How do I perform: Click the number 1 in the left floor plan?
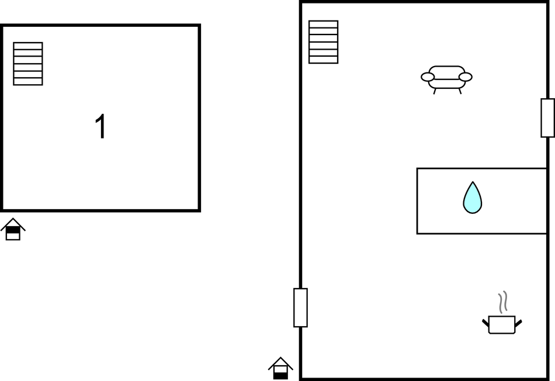point(101,126)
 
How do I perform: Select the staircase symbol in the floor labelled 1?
point(28,64)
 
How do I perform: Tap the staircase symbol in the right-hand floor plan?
point(324,42)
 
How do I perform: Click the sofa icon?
point(447,79)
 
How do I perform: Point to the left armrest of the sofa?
point(428,77)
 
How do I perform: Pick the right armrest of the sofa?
point(466,77)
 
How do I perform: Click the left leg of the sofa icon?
point(435,91)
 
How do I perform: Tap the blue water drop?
point(473,198)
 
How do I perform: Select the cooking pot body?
point(502,325)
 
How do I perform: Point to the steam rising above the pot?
point(503,302)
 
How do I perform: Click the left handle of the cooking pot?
point(485,323)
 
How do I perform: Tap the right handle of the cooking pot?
point(518,323)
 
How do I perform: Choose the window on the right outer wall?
point(547,118)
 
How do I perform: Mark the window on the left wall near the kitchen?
point(300,308)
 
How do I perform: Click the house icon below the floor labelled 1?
point(13,229)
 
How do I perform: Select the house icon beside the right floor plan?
point(280,368)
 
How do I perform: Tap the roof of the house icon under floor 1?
point(13,224)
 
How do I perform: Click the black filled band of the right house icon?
point(280,376)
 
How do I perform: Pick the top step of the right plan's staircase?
point(324,24)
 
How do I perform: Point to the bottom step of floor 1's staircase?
point(28,82)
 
